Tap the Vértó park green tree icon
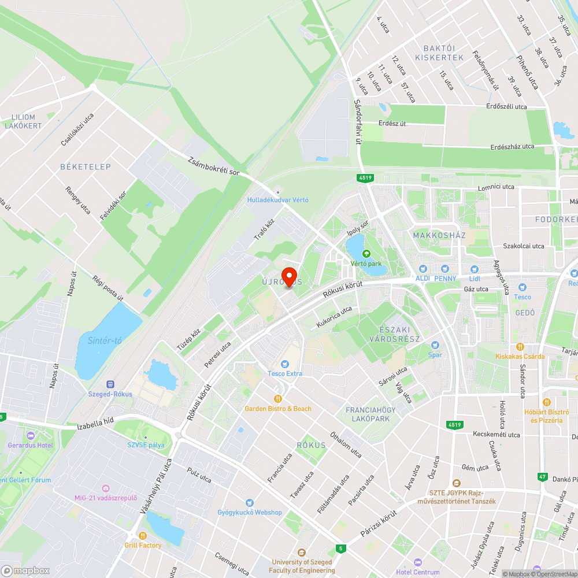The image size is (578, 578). point(365,253)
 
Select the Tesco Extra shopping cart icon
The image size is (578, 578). point(284,364)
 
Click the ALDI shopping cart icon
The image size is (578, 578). point(423,269)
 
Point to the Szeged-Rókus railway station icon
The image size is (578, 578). point(110,384)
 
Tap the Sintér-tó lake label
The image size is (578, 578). point(105,340)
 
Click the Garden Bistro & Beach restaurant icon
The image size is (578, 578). point(278,398)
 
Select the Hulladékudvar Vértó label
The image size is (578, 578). point(278,200)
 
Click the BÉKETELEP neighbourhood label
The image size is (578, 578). point(85,166)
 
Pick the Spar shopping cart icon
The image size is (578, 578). point(435,345)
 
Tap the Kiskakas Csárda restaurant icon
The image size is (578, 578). point(520,347)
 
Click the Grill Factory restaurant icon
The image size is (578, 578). point(143,535)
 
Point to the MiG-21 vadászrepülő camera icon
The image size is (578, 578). point(105,488)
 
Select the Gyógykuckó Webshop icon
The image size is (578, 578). point(250,503)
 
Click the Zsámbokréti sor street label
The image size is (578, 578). point(214,165)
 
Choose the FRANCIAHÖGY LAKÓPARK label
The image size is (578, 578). point(368,414)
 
